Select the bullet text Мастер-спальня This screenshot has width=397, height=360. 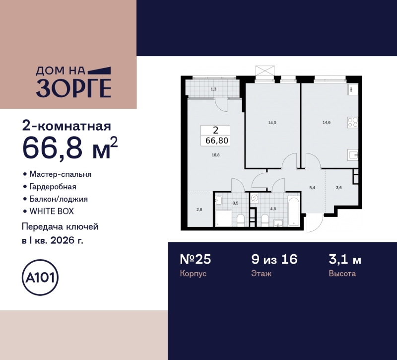point(61,174)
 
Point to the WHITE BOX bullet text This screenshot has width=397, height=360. point(51,211)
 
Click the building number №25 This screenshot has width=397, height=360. point(196,259)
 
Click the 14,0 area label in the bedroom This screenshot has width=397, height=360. point(272,122)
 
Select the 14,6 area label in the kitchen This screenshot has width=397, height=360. point(326,122)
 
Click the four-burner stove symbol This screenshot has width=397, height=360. point(353,122)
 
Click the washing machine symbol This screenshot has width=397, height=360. point(255,198)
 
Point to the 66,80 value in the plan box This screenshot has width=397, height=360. point(215,141)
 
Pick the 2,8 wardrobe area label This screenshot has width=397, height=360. point(199,210)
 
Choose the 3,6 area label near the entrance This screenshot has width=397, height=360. point(338,187)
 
